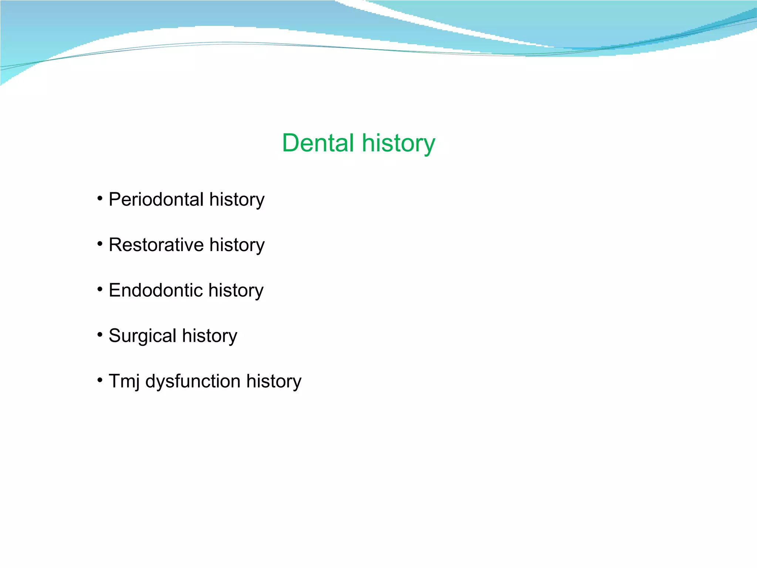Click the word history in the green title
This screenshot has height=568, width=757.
click(x=398, y=143)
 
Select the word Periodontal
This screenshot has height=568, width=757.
click(x=156, y=199)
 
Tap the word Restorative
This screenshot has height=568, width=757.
click(x=156, y=245)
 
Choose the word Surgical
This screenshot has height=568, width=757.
click(x=142, y=336)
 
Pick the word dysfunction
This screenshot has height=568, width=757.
click(x=193, y=381)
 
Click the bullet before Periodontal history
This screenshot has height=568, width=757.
click(x=100, y=199)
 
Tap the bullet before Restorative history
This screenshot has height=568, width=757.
click(x=100, y=244)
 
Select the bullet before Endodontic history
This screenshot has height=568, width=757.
click(x=100, y=290)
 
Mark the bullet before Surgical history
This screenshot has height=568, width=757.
click(x=100, y=335)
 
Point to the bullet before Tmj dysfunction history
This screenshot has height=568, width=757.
click(x=100, y=380)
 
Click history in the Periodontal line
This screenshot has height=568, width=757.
click(x=237, y=199)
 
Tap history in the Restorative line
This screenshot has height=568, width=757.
click(x=237, y=245)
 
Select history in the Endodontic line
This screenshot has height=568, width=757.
click(x=236, y=290)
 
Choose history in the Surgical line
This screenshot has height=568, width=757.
click(x=209, y=336)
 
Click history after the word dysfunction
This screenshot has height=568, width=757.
click(x=274, y=381)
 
